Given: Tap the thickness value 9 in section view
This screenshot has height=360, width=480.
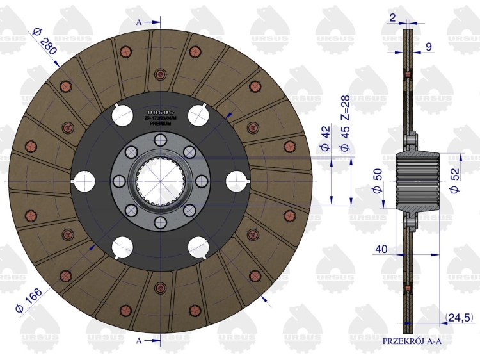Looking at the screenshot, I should [x=428, y=46].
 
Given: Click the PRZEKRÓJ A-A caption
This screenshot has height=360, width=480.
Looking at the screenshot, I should [x=412, y=341].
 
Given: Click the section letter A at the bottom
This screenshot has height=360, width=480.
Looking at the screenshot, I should [x=139, y=340].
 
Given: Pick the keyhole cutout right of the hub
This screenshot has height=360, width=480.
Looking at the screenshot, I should [x=236, y=180].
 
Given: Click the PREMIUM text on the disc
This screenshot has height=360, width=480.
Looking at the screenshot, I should [x=160, y=123].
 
